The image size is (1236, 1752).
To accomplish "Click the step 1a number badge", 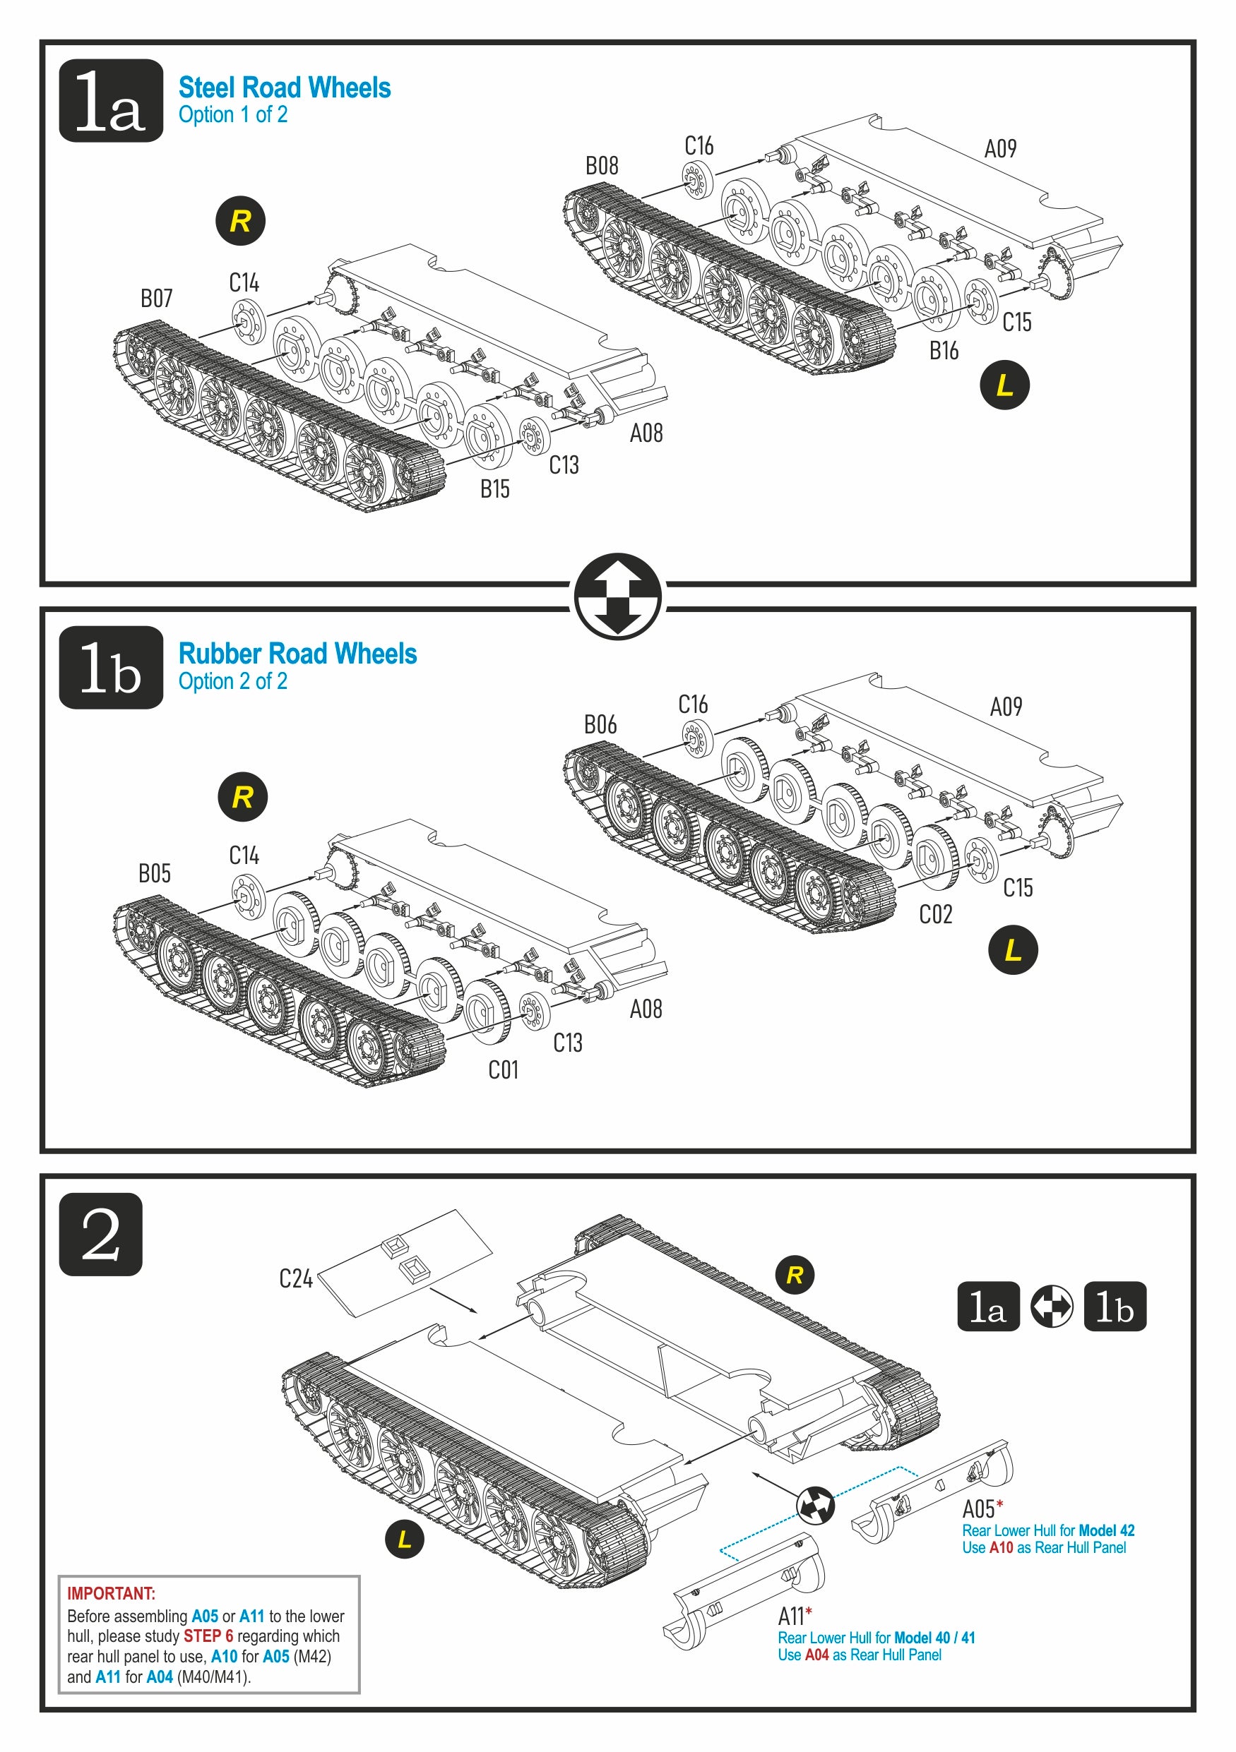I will (111, 101).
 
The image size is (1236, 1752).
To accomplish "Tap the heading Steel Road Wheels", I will (284, 88).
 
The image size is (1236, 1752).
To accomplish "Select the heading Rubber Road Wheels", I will (297, 654).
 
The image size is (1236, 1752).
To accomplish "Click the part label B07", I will (157, 299).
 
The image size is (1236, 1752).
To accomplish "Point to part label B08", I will (602, 166).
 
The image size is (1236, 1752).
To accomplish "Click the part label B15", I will (494, 489).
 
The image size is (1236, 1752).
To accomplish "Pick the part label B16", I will (944, 351).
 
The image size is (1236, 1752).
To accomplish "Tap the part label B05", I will (155, 873).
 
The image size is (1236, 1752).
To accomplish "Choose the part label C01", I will (503, 1070).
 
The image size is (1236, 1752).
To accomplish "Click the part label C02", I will (935, 914).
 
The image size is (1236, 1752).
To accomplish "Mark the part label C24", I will (295, 1278).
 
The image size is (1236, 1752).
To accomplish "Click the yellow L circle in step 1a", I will (1004, 385).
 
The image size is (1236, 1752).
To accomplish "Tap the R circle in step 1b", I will (243, 798).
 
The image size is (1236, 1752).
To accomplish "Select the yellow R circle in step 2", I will (795, 1274).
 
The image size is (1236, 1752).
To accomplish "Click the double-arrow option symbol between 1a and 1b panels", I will (617, 596).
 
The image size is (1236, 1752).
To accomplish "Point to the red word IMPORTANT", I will (111, 1593).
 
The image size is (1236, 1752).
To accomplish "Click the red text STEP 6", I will (208, 1636).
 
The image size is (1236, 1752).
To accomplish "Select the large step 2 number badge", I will (101, 1234).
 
